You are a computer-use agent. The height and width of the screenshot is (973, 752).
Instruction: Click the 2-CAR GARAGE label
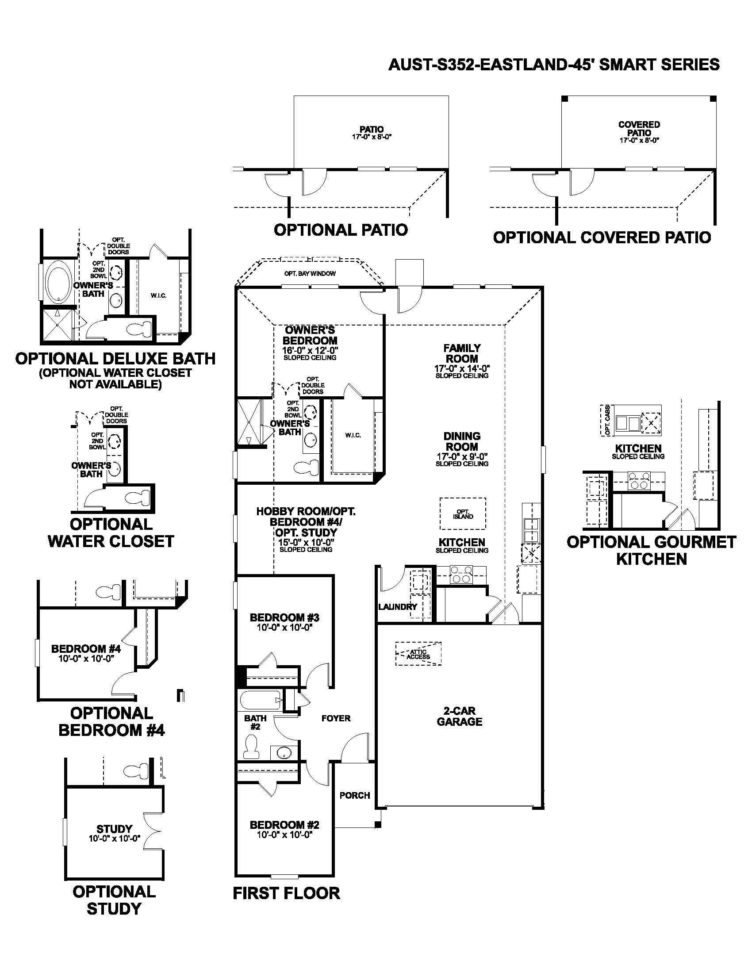(459, 716)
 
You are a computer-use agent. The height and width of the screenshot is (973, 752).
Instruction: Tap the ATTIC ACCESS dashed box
(418, 654)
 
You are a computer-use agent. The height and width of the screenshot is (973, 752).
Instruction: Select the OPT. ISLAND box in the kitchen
(462, 513)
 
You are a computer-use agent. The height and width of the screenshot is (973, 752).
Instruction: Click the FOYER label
(336, 718)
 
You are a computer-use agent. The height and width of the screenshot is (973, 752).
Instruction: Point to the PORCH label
(355, 795)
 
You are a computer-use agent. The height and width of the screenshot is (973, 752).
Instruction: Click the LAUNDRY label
(397, 607)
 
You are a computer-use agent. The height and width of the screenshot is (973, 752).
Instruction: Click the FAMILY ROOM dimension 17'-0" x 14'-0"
(462, 369)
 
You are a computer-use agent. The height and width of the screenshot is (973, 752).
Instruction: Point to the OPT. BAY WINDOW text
(310, 273)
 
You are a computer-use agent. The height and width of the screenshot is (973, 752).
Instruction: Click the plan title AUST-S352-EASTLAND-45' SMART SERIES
(554, 65)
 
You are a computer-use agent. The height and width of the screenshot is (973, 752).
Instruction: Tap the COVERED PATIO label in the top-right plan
(639, 129)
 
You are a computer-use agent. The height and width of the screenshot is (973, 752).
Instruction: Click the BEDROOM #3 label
(284, 617)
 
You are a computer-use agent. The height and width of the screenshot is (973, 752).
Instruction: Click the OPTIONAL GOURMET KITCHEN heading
(651, 550)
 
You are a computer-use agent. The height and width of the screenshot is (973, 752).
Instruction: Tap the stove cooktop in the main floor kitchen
(460, 575)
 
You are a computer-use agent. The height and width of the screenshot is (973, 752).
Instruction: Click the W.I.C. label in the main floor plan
(353, 435)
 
